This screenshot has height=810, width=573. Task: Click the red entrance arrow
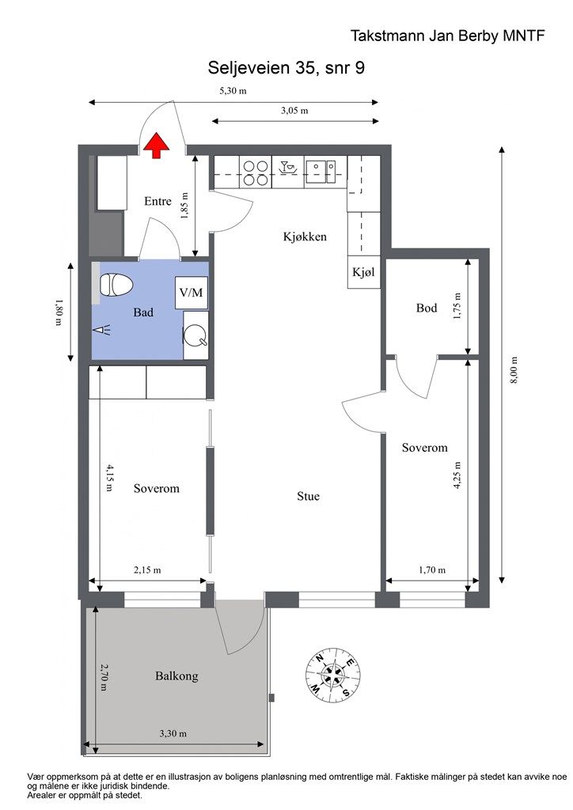point(156,146)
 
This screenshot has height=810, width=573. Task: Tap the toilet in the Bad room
point(116,285)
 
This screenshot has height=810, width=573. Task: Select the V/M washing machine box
point(192,293)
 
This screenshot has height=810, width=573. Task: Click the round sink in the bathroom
point(195,335)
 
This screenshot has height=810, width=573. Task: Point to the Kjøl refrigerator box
point(364,272)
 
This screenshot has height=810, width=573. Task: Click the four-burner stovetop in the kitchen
point(256,172)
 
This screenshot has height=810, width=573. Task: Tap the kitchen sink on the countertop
point(321,172)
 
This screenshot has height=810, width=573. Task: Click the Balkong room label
point(176,676)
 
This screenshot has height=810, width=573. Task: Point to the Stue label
point(308,497)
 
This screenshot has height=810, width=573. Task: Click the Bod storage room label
point(427,308)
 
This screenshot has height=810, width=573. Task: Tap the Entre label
point(157,201)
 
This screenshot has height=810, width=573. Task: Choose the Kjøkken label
point(305,237)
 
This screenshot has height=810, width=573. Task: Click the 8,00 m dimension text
point(514,370)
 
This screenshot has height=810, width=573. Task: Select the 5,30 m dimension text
point(233,91)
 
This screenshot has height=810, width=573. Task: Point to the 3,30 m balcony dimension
point(173,733)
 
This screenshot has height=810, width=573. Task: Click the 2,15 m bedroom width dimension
point(147,570)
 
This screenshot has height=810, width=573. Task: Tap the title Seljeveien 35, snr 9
point(286,67)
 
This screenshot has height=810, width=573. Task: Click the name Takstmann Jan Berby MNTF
point(447,36)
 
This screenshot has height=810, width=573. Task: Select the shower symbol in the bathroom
point(102,331)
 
